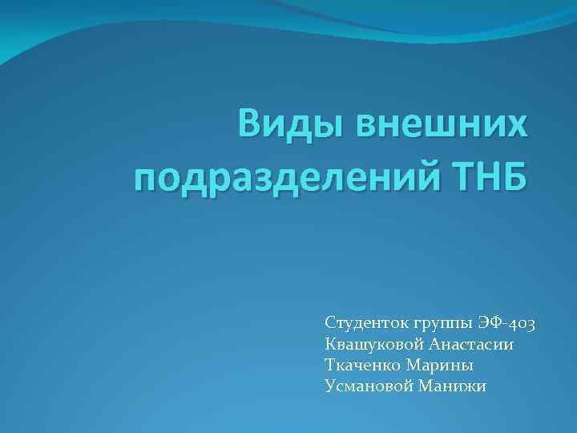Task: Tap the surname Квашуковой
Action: click(373, 344)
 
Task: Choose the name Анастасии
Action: click(472, 344)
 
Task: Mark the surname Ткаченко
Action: click(362, 365)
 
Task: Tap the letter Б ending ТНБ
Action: click(517, 175)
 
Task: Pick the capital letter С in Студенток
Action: click(330, 323)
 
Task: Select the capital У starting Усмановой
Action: click(330, 386)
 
